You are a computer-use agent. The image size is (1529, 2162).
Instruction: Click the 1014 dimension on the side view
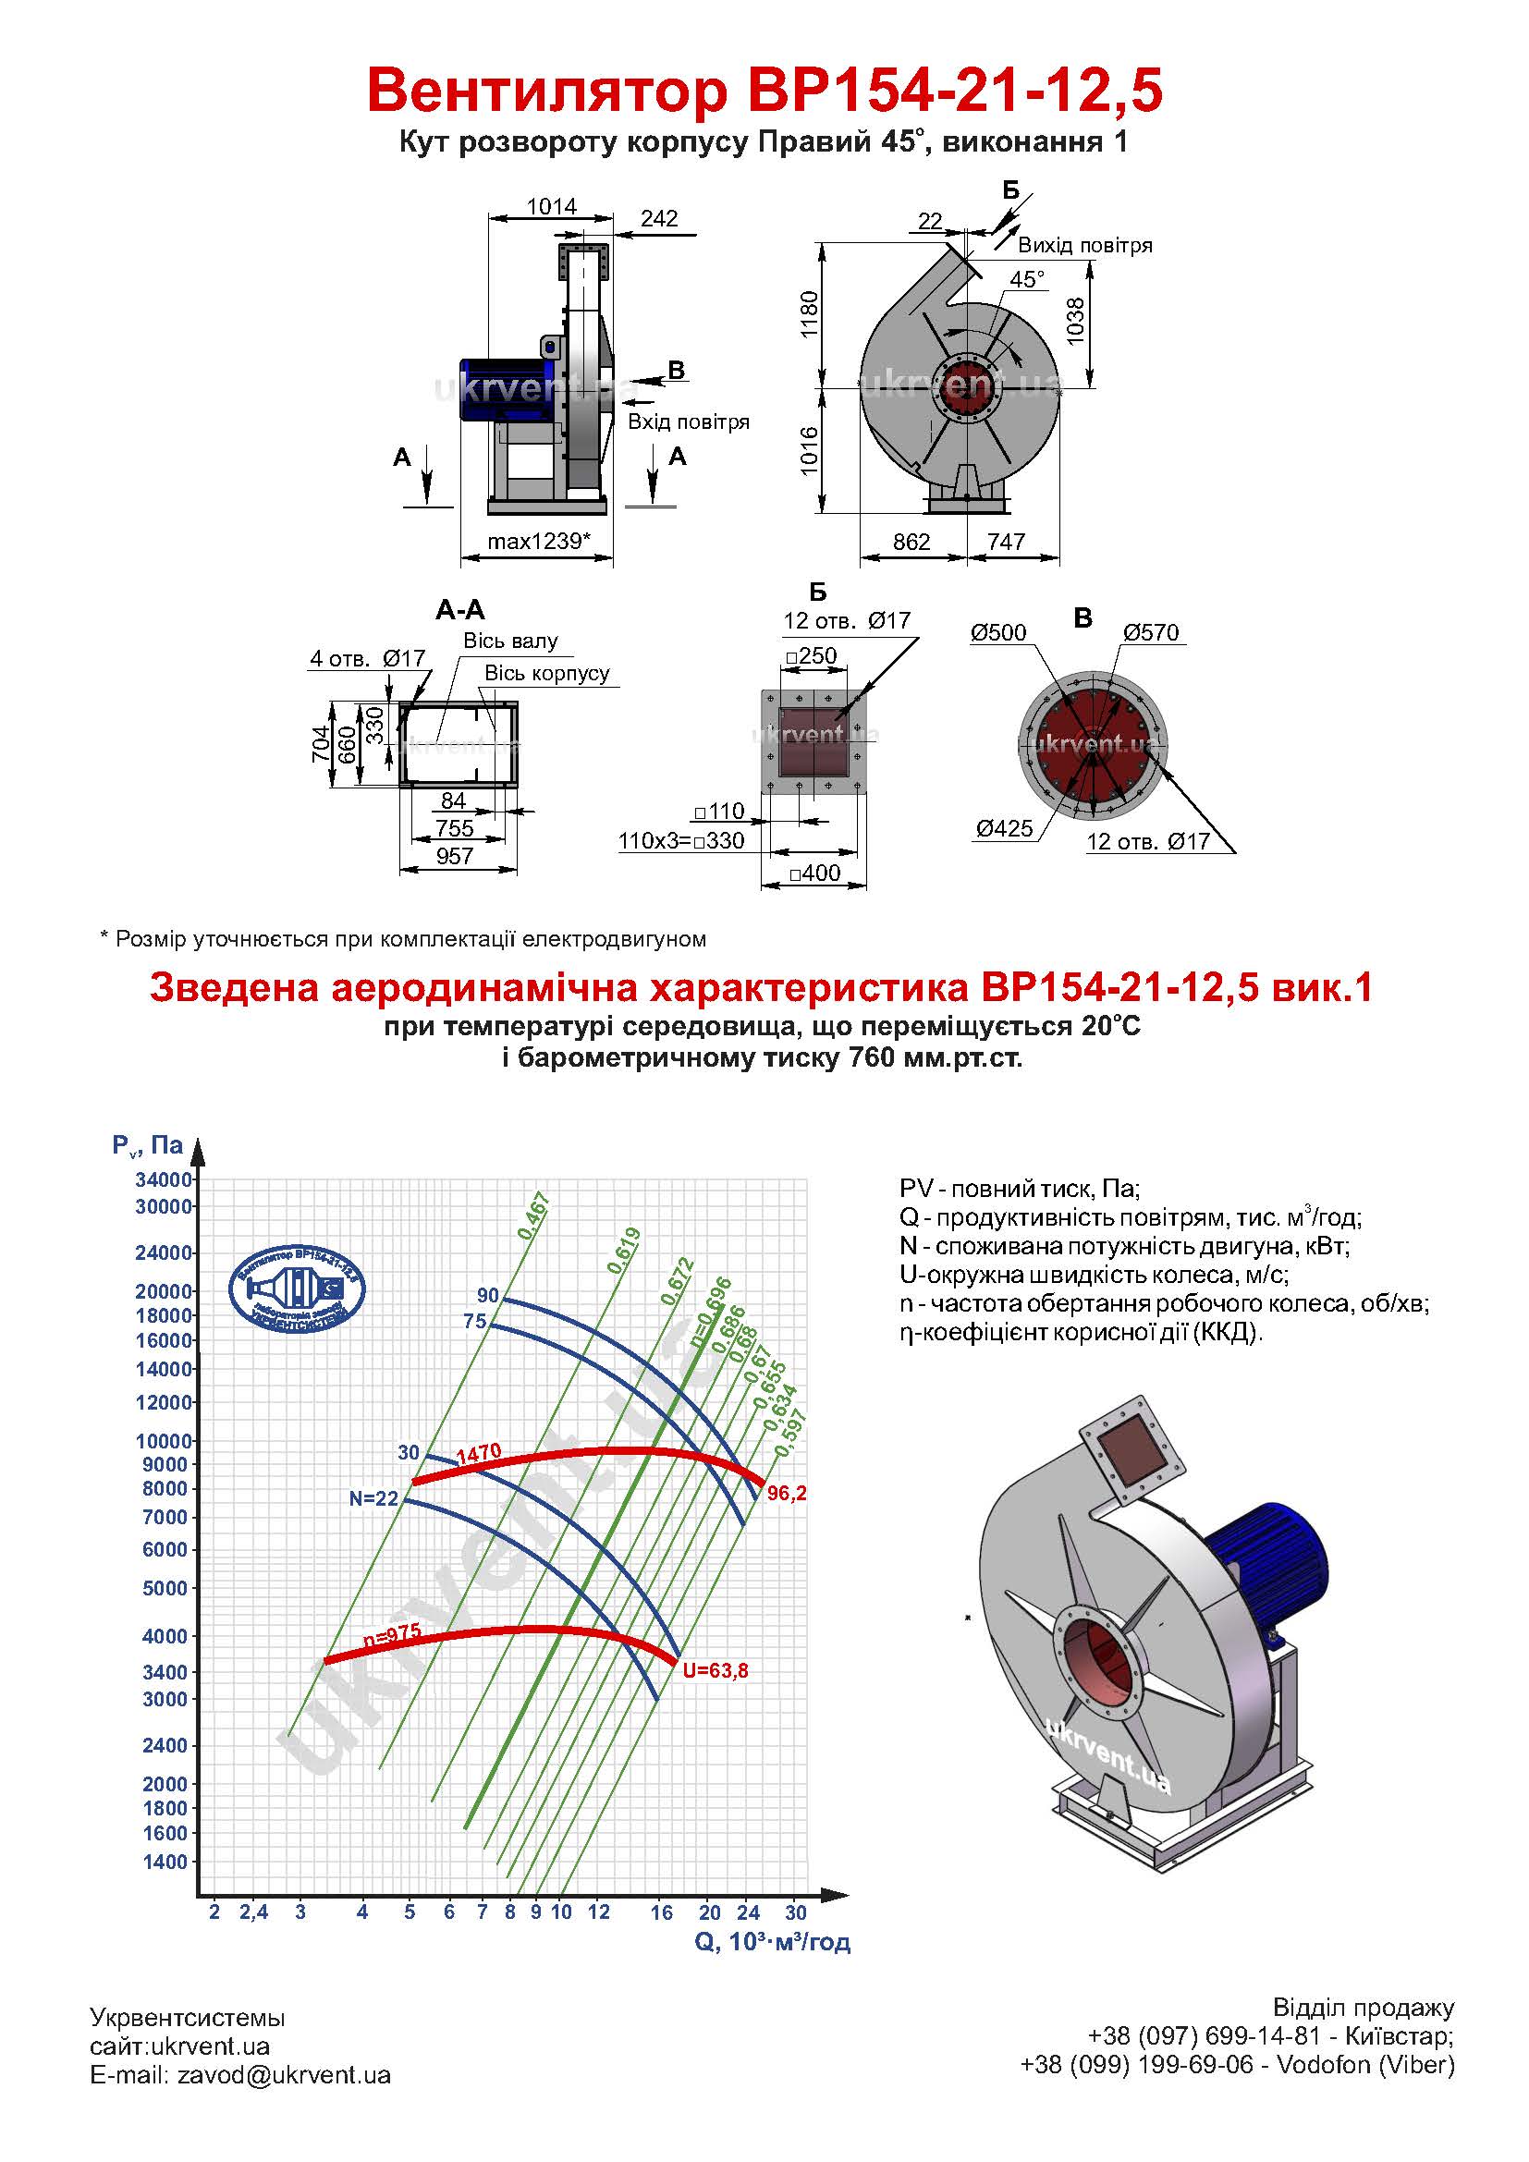[552, 206]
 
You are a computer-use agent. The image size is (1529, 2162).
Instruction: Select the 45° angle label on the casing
[1027, 280]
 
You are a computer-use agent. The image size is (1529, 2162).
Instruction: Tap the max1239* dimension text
[540, 542]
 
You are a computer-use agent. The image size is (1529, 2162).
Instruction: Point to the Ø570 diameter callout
[1151, 633]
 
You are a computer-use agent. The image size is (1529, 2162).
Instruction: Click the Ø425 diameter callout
[1005, 828]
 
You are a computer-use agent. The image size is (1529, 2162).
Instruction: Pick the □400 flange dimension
[814, 873]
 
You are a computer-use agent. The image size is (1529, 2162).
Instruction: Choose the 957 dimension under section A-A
[454, 856]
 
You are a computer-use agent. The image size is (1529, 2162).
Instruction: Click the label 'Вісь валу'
[510, 641]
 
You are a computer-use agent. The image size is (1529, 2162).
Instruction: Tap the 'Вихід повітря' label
[1084, 246]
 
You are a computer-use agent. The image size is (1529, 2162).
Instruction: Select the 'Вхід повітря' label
[689, 421]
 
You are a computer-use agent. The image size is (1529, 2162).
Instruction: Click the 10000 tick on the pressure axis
[164, 1442]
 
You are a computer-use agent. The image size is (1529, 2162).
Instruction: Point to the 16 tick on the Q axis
[662, 1912]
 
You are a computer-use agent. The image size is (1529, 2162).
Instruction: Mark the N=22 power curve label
[373, 1499]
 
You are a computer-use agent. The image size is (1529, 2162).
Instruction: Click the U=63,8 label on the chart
[716, 1671]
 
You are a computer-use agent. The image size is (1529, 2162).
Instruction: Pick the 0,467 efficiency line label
[533, 1215]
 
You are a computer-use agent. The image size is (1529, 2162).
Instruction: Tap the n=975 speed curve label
[392, 1636]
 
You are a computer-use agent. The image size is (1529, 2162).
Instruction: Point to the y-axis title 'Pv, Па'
[148, 1145]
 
